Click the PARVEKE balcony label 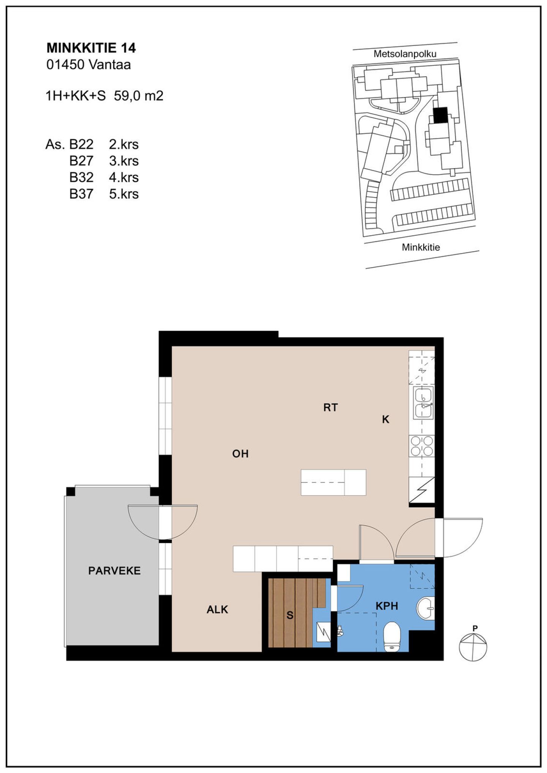pos(114,571)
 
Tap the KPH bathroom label pos(387,606)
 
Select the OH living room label pos(240,453)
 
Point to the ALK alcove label pos(217,609)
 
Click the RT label pos(330,408)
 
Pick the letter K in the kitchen pos(386,419)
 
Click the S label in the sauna pos(290,615)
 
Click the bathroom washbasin pos(425,608)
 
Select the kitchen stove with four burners pos(422,446)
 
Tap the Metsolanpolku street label pos(405,54)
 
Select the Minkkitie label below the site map pos(421,247)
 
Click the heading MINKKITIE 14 pos(91,48)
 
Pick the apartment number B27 pos(81,161)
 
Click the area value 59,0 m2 pos(139,96)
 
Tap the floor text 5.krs pos(124,194)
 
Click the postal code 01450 pos(65,65)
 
